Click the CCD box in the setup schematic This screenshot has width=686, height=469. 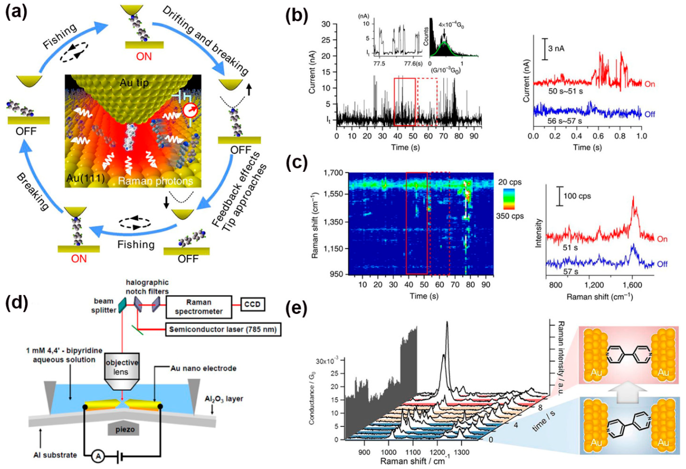tap(253, 305)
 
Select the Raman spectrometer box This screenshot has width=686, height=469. tap(199, 307)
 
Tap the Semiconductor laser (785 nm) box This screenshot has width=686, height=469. tap(223, 329)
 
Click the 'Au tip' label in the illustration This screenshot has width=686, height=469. tap(134, 83)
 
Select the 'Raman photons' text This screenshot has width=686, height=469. tap(156, 181)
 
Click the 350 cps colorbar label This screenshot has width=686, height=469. tap(510, 216)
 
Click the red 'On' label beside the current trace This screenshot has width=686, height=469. tap(649, 84)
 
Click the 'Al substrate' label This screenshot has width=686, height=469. tap(55, 455)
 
